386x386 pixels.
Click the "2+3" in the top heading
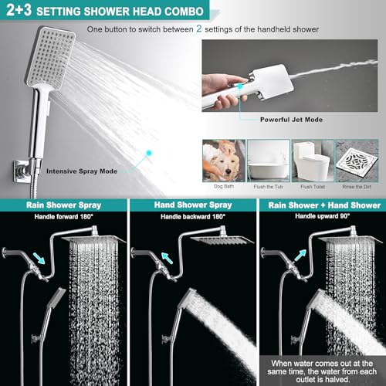pyautogui.click(x=19, y=10)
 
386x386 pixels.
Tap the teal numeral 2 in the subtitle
pyautogui.click(x=199, y=29)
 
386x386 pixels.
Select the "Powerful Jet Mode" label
pyautogui.click(x=291, y=120)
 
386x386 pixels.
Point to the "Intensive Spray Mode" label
pyautogui.click(x=82, y=171)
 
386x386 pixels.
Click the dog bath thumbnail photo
pyautogui.click(x=224, y=161)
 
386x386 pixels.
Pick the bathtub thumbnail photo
pyautogui.click(x=269, y=161)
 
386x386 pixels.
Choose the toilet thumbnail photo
pyautogui.click(x=313, y=161)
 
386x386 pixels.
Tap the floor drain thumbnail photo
pyautogui.click(x=357, y=161)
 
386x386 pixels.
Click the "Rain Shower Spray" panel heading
pyautogui.click(x=63, y=205)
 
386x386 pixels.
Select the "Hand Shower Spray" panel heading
pyautogui.click(x=193, y=205)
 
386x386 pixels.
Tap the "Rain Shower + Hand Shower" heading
pyautogui.click(x=324, y=205)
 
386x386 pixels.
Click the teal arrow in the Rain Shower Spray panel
pyautogui.click(x=39, y=259)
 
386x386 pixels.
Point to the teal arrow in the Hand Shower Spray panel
pyautogui.click(x=167, y=258)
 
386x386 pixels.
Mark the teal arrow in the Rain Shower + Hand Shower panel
pyautogui.click(x=300, y=256)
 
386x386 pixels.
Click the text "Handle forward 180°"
pyautogui.click(x=63, y=217)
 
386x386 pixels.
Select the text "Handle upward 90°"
pyautogui.click(x=323, y=216)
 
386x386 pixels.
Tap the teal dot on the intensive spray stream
pyautogui.click(x=149, y=153)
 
